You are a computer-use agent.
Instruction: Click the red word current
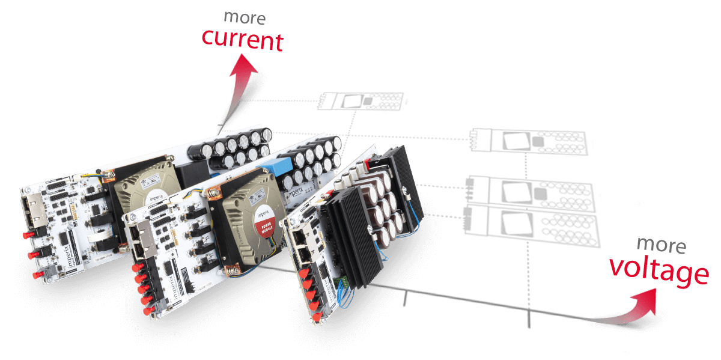tap(242, 40)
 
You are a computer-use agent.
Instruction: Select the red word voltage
tap(659, 271)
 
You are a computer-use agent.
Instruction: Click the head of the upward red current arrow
tap(243, 64)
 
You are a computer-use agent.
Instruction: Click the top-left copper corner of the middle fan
tap(211, 194)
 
